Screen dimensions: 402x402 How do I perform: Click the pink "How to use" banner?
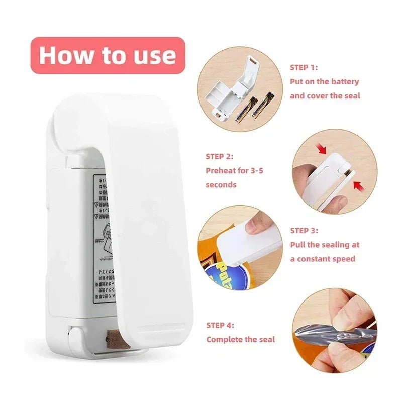coord(108,55)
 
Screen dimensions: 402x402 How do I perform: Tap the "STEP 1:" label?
coord(304,67)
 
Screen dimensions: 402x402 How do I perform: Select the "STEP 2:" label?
coord(219,156)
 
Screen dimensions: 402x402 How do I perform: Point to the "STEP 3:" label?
coord(304,231)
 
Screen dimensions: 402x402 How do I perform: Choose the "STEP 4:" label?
coord(220,325)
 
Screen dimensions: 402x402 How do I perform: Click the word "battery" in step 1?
coord(345,81)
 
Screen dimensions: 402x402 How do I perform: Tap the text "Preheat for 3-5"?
coord(234,170)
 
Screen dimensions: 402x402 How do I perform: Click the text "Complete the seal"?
coord(240,339)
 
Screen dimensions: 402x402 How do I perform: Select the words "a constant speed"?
coord(322,259)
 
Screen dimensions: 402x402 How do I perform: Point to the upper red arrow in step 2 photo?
coord(322,149)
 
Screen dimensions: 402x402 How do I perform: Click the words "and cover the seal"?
coord(325,95)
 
